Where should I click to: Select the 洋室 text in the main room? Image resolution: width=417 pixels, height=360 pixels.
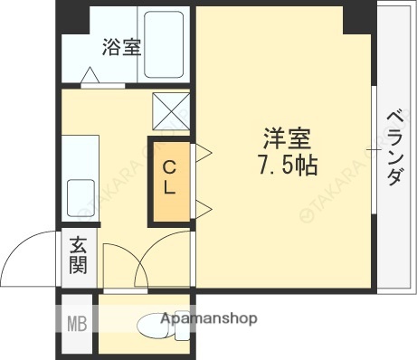coord(288,140)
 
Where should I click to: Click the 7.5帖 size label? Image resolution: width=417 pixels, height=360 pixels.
coord(288,166)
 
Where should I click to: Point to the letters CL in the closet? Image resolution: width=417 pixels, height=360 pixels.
coord(170,179)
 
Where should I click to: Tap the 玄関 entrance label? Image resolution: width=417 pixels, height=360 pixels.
coord(78,255)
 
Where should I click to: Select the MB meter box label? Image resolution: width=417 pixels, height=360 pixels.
coord(76,322)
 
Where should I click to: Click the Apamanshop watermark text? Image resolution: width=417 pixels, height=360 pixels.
coord(209,318)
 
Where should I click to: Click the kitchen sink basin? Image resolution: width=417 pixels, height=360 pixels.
coord(81,194)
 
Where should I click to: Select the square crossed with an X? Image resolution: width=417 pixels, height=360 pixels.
coord(169,110)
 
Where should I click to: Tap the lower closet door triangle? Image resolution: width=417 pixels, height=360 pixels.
coord(204,211)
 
